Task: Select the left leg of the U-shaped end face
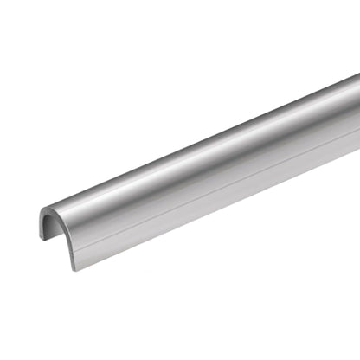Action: tap(42, 227)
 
